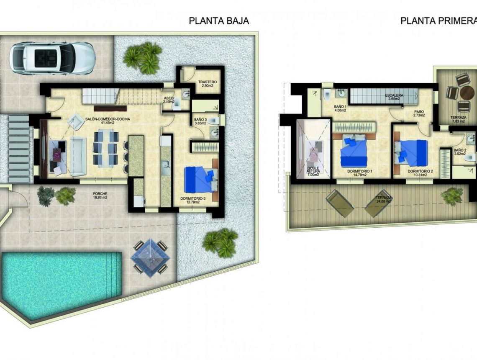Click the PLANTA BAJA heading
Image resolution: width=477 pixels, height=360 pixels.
pos(219,21)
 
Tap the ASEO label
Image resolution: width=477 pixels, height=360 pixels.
pos(169,99)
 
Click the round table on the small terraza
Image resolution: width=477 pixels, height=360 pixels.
pos(463,92)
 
